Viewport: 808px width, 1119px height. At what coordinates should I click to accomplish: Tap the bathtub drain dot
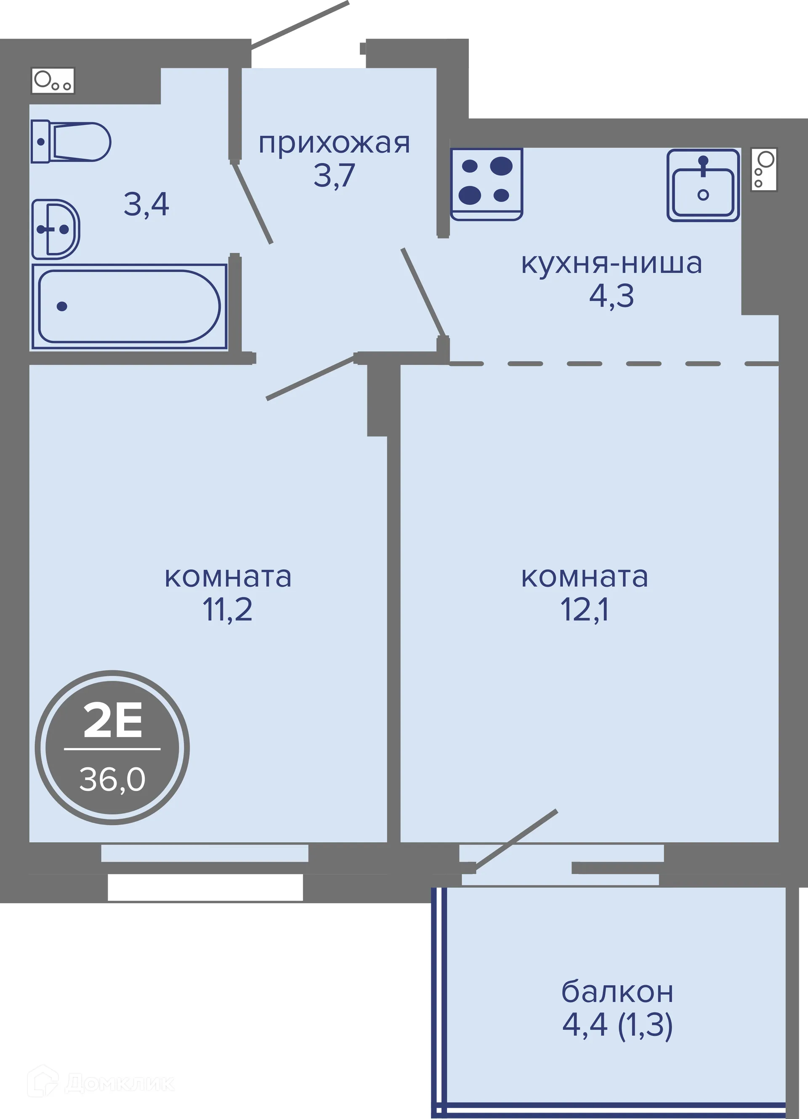[x=62, y=306]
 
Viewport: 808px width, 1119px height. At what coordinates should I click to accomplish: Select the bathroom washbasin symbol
[x=55, y=229]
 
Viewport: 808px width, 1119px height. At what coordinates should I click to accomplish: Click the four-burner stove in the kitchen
[x=486, y=183]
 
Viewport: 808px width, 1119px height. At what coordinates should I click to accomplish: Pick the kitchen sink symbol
[x=703, y=185]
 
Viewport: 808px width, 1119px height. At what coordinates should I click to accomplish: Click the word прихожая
[x=334, y=144]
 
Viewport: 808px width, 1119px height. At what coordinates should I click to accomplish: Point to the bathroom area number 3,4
[x=146, y=204]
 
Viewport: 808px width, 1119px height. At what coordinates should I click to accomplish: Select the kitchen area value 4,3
[x=611, y=296]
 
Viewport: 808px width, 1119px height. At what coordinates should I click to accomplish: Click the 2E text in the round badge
[x=112, y=720]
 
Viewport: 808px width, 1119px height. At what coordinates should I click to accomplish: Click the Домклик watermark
[x=101, y=1083]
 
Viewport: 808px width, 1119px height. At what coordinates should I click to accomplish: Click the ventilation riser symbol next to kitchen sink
[x=763, y=169]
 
